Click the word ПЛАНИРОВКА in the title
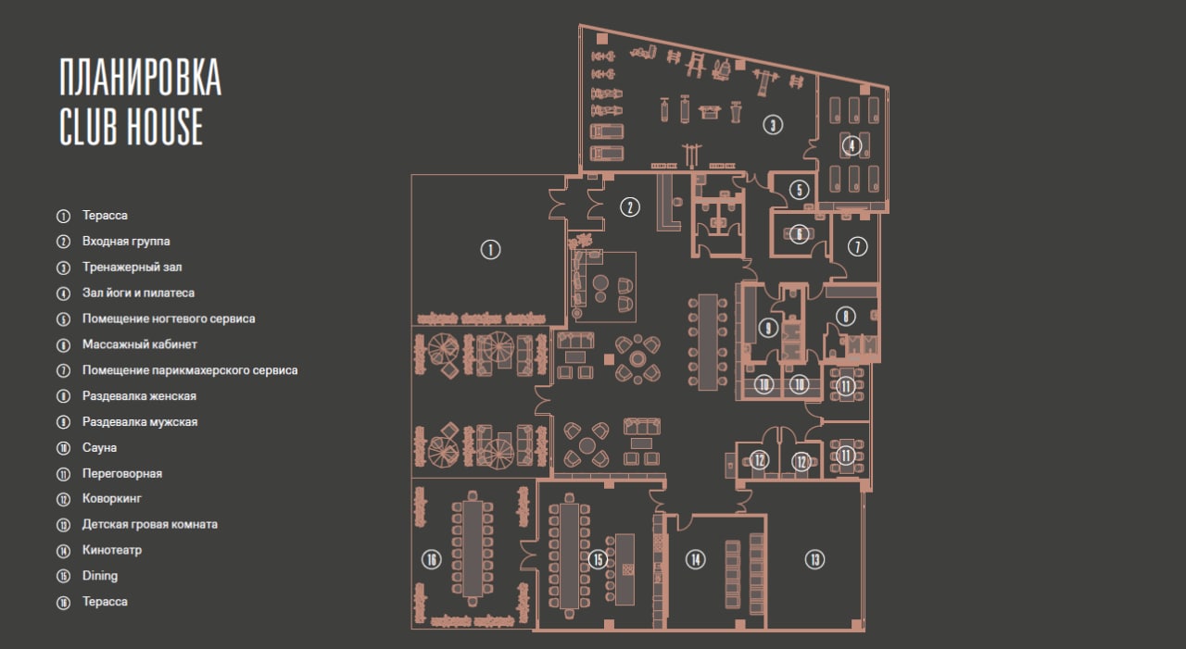[140, 77]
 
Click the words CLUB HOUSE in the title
[131, 127]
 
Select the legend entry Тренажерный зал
[132, 268]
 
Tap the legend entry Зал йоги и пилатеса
[138, 293]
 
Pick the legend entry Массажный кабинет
[140, 344]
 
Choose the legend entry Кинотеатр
[112, 550]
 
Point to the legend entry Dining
[100, 576]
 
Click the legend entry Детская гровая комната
[150, 524]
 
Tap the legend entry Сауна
[99, 447]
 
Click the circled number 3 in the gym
[773, 125]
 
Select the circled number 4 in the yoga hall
[852, 145]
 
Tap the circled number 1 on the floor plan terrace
[490, 249]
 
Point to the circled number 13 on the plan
[814, 559]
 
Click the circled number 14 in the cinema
[695, 559]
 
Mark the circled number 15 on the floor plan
[599, 559]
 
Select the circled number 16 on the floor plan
[432, 559]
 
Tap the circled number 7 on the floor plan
[857, 246]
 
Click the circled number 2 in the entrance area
[630, 206]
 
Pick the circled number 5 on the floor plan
[799, 190]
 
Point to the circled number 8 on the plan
[846, 317]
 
